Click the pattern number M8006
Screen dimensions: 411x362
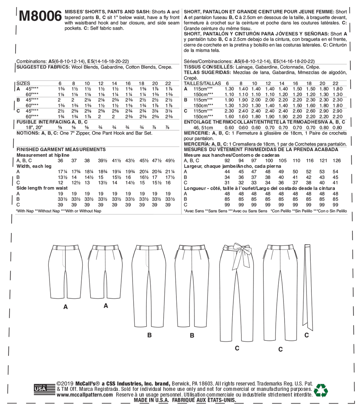coord(38,16)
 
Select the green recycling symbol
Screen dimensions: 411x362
coord(321,391)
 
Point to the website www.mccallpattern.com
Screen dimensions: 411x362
coord(84,395)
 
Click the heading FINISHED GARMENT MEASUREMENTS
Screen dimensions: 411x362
coord(61,150)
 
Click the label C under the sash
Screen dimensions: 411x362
coord(306,335)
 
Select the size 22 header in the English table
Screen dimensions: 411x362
coord(168,84)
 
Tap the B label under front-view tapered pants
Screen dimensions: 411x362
coord(150,335)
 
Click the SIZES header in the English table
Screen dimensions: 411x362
coord(23,84)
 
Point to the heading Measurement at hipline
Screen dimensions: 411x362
coord(43,155)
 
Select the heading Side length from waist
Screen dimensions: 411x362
coord(42,188)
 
